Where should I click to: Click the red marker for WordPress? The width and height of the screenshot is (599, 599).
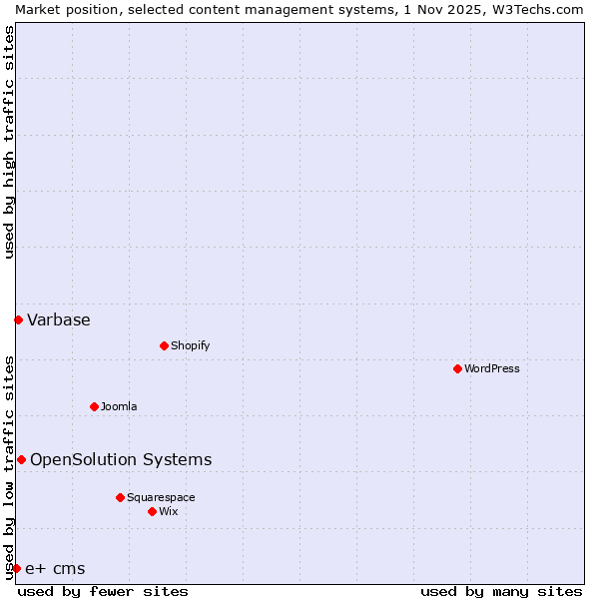tap(457, 368)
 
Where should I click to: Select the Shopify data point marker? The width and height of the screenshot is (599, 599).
tap(164, 345)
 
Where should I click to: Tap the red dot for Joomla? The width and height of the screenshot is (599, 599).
tap(94, 406)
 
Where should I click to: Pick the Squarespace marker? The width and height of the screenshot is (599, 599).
tap(120, 497)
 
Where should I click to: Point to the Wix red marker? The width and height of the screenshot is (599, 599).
tap(152, 511)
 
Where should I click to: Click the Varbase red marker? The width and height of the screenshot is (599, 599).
tap(18, 319)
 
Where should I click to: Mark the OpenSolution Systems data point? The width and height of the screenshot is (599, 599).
tap(21, 459)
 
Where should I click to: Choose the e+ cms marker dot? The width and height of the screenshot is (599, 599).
tap(16, 568)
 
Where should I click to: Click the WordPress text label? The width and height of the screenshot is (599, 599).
tap(492, 368)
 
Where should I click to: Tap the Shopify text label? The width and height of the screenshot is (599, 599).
tap(190, 345)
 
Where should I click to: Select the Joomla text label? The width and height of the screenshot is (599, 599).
tap(119, 406)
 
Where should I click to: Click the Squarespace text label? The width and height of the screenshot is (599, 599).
tap(161, 497)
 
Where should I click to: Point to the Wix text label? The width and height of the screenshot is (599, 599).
tap(169, 511)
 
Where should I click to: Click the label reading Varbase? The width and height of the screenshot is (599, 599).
tap(59, 319)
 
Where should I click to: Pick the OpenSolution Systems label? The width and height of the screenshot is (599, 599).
tap(121, 459)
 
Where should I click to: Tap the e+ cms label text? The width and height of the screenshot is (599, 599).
tap(55, 569)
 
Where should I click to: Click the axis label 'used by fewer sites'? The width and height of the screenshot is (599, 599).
tap(103, 591)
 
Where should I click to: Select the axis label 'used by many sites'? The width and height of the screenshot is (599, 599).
tap(501, 591)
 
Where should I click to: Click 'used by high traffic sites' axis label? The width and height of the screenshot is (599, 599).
tap(9, 142)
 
